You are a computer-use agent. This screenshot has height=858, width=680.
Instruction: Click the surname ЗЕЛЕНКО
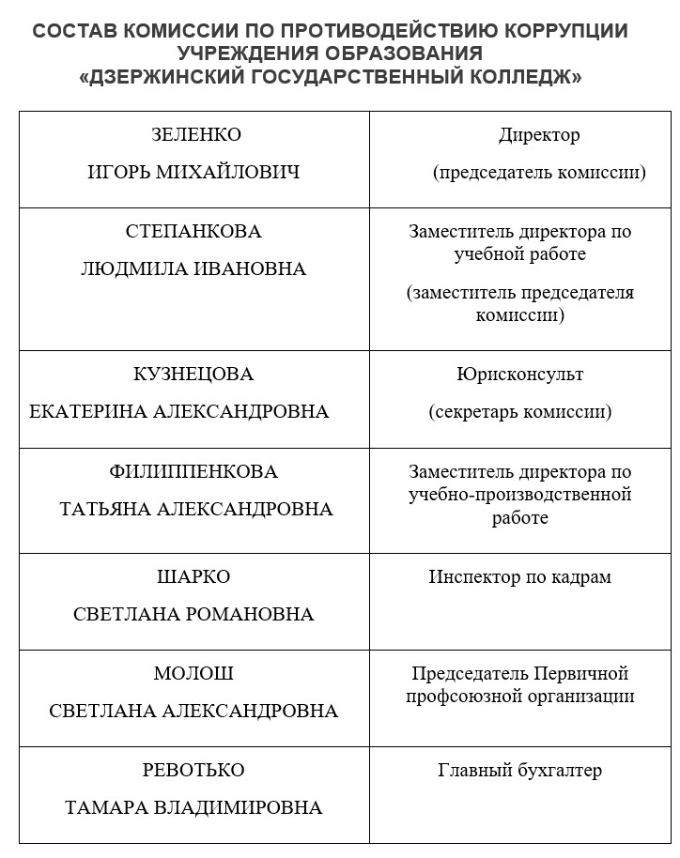coord(195,135)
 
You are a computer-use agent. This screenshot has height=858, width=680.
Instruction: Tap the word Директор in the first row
coord(539,135)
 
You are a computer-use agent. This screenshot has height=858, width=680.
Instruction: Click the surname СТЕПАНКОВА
coord(193,232)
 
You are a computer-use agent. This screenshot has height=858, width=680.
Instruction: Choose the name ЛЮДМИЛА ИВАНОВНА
coord(193,269)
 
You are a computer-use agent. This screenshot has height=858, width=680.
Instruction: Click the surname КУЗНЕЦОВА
coord(193,375)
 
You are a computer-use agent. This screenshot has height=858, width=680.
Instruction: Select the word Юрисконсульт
coord(519,375)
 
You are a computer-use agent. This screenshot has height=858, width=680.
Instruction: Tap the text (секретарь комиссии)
coord(519,412)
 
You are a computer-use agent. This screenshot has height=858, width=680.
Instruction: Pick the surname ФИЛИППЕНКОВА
coord(193,471)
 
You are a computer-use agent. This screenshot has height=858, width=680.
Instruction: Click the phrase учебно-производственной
coord(519,495)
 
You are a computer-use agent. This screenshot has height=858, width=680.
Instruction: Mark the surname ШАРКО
coord(193,577)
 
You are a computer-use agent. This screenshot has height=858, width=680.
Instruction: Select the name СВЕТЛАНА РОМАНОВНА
coord(193,615)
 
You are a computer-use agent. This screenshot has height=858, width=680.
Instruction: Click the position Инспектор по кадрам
coord(519,577)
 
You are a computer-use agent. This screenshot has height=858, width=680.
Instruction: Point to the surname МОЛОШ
coord(193,674)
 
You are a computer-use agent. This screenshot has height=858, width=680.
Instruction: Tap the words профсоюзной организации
coord(519,697)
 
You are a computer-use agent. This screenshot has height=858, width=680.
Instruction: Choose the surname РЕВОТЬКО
coord(193,771)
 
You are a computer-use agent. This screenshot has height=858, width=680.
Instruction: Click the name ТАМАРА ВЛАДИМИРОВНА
coord(193,808)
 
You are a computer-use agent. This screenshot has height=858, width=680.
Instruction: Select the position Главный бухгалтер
coord(519,772)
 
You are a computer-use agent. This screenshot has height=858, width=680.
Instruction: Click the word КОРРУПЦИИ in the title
coord(567,31)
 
